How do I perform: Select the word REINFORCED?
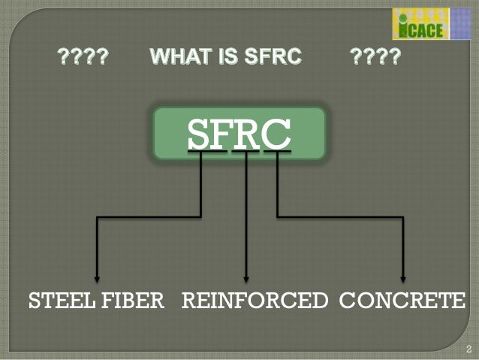(x=255, y=302)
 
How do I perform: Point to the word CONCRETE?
(x=402, y=302)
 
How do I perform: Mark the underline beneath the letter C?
(x=276, y=151)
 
